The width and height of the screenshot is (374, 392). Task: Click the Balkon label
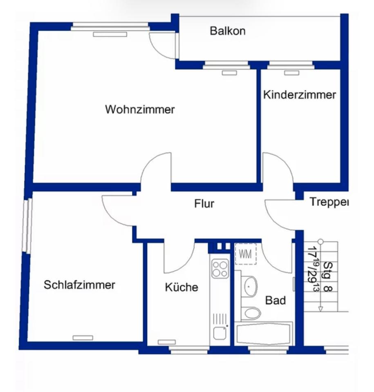[x=227, y=31]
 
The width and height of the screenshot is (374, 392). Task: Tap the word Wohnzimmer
[x=140, y=109]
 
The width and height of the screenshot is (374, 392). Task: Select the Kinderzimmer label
[x=299, y=95]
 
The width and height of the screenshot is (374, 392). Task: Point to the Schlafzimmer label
[x=79, y=285]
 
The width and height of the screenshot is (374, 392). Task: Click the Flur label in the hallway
[x=204, y=203]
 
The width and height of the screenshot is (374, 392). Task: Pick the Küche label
[x=181, y=287]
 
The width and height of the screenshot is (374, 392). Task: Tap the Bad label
[x=275, y=300]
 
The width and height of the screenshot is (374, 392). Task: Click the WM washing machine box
[x=245, y=254]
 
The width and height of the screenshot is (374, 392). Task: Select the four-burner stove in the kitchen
[x=220, y=269]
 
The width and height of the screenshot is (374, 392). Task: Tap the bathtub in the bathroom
[x=264, y=333]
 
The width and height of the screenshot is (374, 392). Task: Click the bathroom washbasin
[x=249, y=286]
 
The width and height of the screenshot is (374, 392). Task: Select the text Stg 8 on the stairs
[x=328, y=276]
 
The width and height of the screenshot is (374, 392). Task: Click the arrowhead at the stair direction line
[x=320, y=309]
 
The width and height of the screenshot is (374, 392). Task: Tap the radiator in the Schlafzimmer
[x=83, y=338]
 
